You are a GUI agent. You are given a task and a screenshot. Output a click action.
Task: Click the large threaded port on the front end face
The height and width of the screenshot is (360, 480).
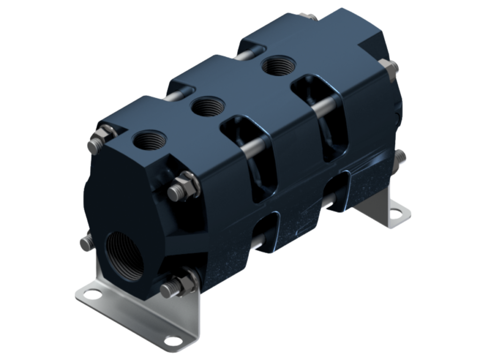[x=126, y=255]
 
